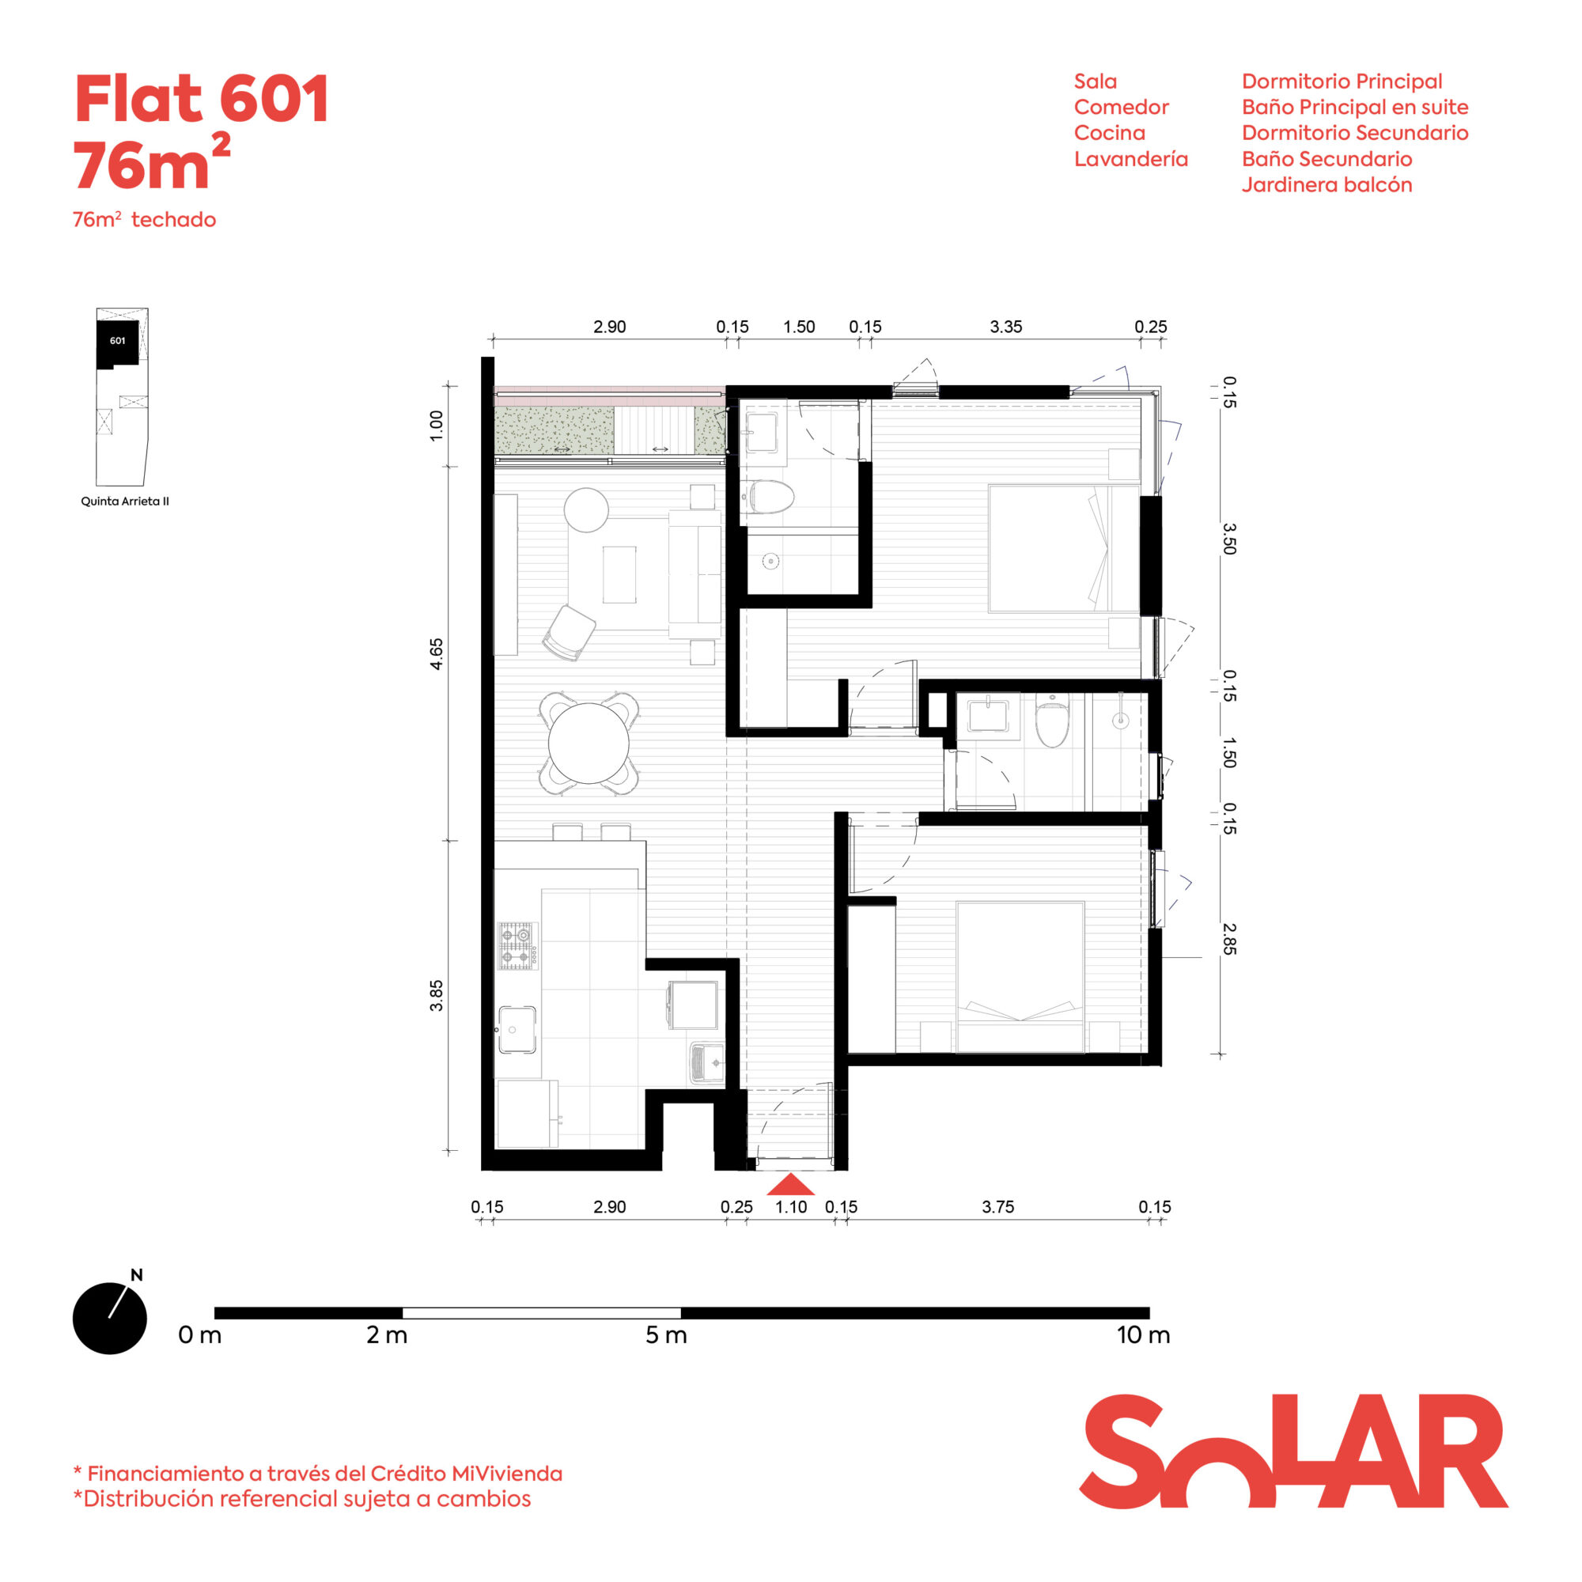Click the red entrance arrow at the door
point(790,1185)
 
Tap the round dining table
point(588,744)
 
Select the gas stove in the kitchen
point(517,946)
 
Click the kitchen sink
point(517,1030)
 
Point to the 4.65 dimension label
point(437,653)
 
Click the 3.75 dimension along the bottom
point(997,1207)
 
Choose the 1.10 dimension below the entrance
point(791,1207)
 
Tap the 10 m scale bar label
point(1143,1335)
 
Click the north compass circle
point(110,1319)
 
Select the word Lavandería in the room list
point(1131,159)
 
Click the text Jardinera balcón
point(1327,185)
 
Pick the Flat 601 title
point(202,99)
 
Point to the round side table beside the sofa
point(586,509)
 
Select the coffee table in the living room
point(619,574)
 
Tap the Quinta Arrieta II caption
point(124,501)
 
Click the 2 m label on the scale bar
point(387,1335)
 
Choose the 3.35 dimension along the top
point(1005,327)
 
